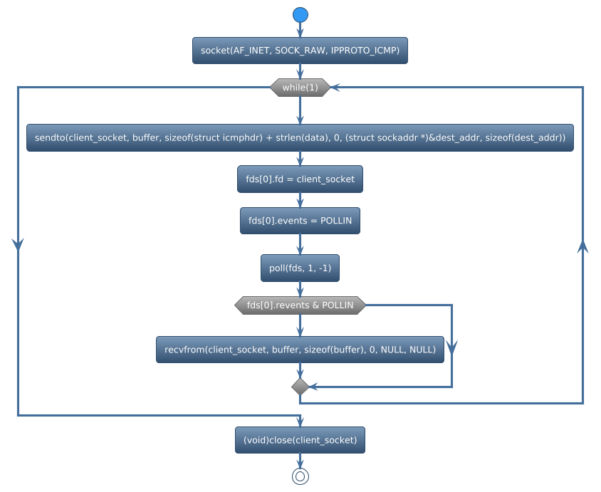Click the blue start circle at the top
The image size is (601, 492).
(300, 15)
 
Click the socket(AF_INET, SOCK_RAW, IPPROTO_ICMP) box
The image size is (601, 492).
(300, 51)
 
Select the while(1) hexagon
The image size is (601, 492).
(300, 88)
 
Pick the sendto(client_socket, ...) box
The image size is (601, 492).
(300, 137)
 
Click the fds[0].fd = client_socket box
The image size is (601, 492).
(300, 179)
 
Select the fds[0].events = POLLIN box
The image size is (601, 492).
(300, 221)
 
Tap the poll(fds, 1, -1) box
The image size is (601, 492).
(300, 268)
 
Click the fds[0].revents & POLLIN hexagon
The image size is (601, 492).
(300, 305)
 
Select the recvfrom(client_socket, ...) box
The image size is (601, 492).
(300, 350)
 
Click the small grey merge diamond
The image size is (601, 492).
(300, 387)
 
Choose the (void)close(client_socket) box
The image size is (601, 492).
(300, 440)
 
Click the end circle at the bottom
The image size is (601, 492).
(300, 476)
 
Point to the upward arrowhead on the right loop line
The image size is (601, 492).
(582, 246)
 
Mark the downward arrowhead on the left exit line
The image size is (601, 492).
(18, 244)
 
